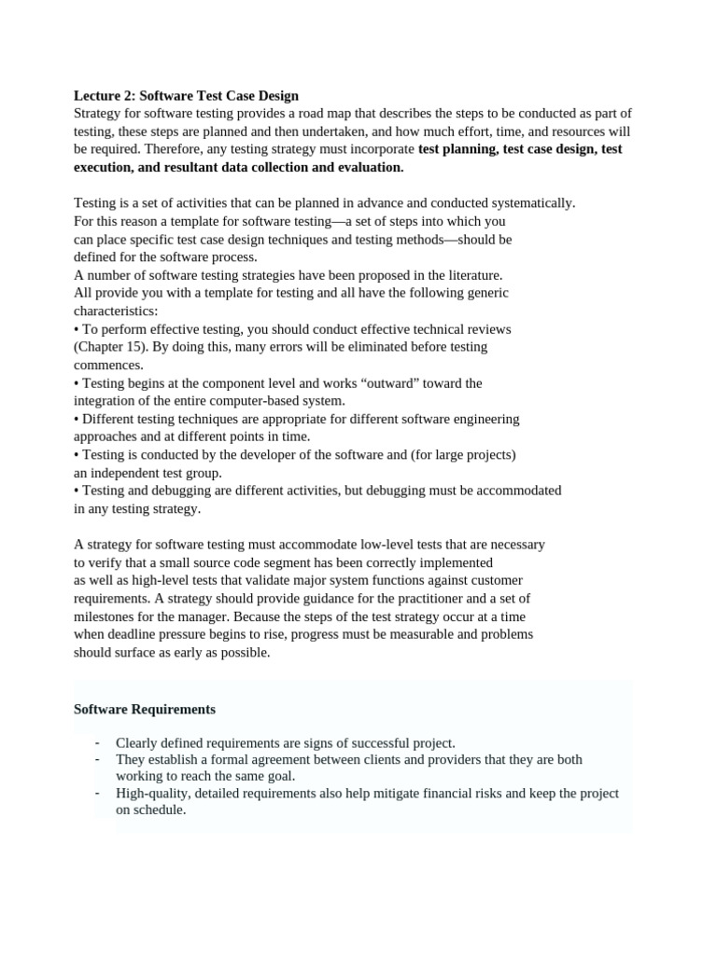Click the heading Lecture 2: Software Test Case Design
point(186,95)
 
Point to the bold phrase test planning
point(457,148)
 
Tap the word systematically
point(536,202)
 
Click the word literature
point(472,274)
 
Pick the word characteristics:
point(116,311)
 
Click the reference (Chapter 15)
point(111,346)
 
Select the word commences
point(108,365)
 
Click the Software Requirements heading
point(145,709)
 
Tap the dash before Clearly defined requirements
point(97,743)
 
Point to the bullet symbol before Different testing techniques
point(77,419)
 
